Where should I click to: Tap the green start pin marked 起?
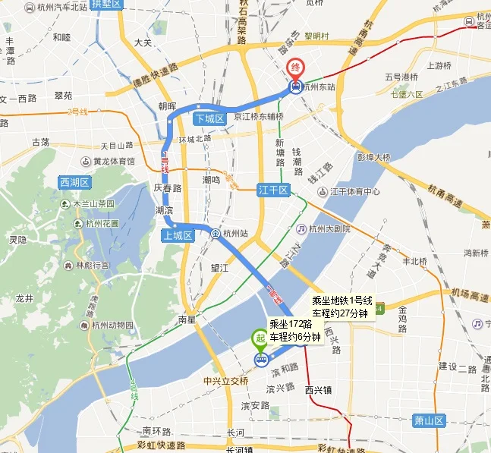pos(260,339)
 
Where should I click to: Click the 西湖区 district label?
pos(74,182)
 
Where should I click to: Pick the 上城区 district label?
pos(178,235)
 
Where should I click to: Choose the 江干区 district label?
pos(273,190)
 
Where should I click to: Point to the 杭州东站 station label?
pos(319,87)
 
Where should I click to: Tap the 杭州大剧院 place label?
pos(329,228)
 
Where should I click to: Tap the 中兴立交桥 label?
pos(226,380)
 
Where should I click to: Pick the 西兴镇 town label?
pos(319,390)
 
